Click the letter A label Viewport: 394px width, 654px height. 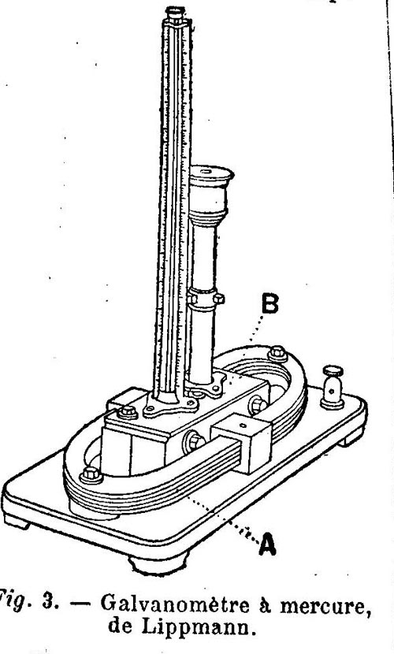point(268,544)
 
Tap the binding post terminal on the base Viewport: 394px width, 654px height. point(333,388)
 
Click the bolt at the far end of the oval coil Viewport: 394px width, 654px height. point(277,353)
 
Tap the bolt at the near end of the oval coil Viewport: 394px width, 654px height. point(91,475)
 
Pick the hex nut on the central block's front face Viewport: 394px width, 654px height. point(194,441)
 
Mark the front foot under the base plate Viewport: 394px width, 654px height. point(158,564)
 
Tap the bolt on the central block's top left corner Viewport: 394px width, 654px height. point(128,412)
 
